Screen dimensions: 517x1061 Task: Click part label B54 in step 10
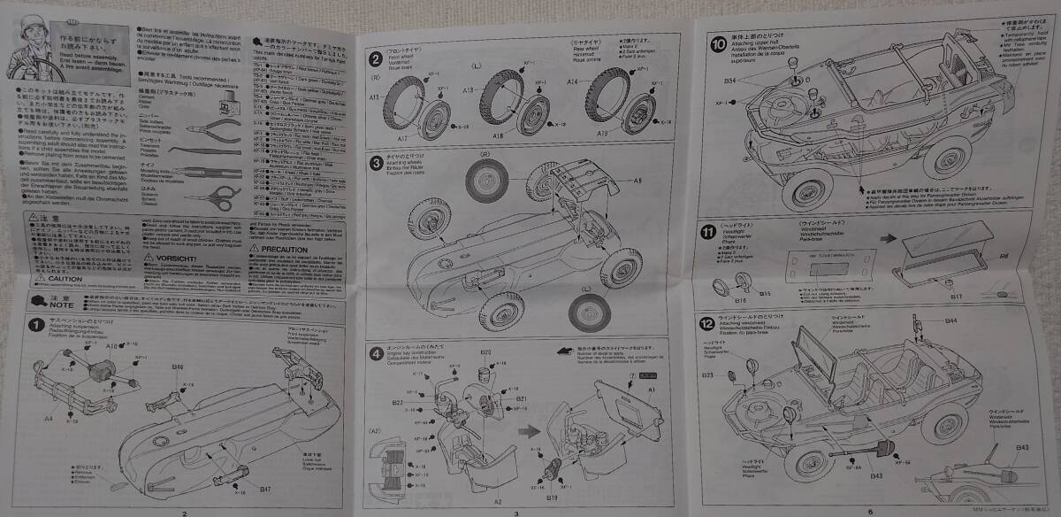click(730, 81)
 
